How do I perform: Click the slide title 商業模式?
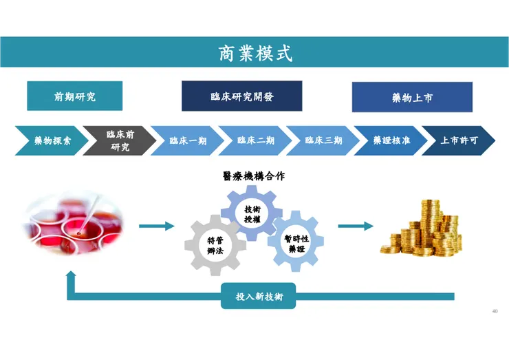(254, 53)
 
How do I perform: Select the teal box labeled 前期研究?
(74, 96)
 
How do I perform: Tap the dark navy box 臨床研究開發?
(241, 96)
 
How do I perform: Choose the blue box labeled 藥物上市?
(412, 97)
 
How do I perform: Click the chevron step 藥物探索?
(50, 140)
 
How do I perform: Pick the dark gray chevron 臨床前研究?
(118, 140)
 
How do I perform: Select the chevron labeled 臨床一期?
(187, 140)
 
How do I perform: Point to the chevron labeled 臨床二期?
(255, 140)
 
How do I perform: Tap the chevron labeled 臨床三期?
(323, 140)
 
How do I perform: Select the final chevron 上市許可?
(457, 140)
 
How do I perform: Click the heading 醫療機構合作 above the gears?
(254, 176)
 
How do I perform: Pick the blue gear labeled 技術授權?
(252, 213)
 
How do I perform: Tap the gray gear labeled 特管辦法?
(215, 246)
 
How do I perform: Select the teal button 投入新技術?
(258, 296)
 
